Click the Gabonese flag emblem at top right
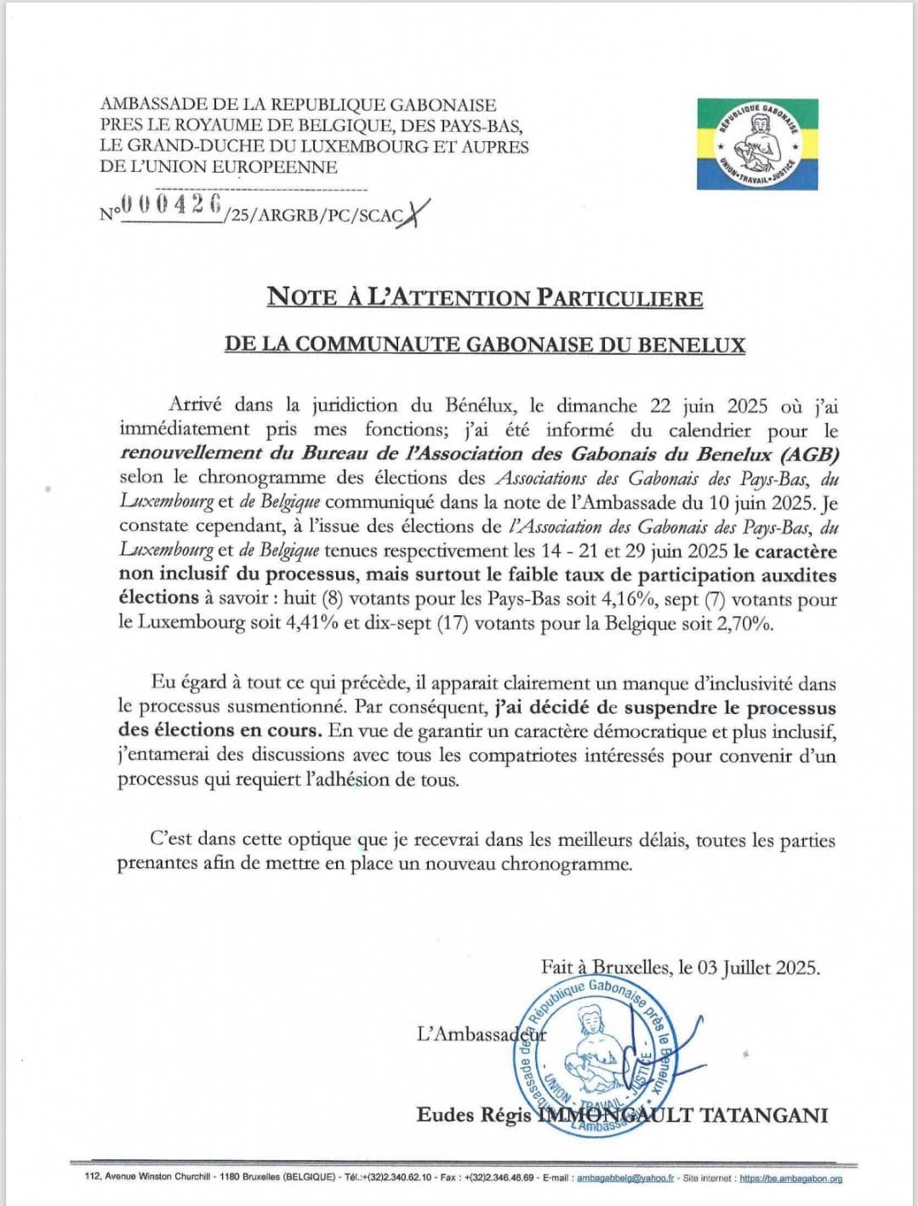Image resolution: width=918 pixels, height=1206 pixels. [757, 143]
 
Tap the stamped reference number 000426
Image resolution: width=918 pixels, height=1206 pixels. [172, 204]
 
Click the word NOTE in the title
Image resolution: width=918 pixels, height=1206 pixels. [302, 297]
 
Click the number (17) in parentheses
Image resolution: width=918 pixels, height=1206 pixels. [451, 623]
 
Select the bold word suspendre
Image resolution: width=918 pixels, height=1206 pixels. [670, 708]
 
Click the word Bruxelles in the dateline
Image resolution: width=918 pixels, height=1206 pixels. [630, 968]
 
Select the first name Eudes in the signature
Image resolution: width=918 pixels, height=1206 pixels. [445, 1115]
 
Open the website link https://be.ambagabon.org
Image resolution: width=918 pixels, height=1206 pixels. [790, 1178]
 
